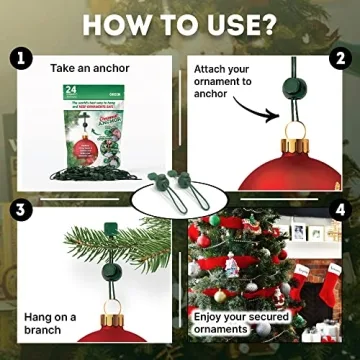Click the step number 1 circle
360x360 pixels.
18,58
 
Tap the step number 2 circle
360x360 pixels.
342,58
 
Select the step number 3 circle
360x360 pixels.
18,211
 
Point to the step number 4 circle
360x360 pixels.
342,211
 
